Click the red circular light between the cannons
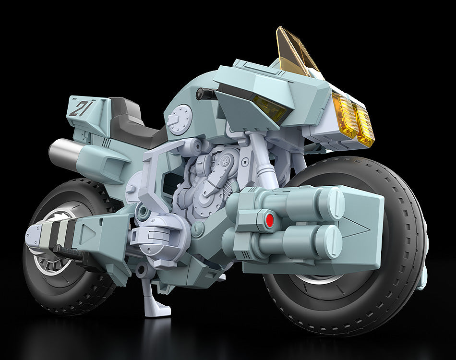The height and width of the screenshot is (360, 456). (270, 220)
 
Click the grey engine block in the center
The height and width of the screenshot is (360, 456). (202, 187)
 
